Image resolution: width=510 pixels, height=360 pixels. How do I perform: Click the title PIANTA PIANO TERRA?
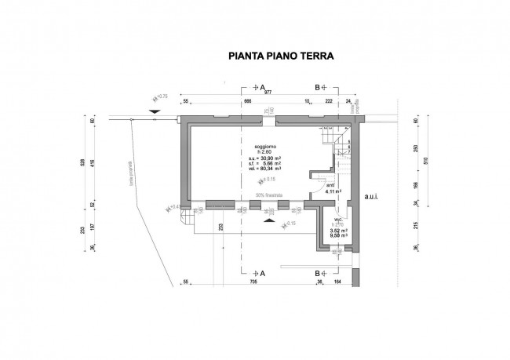pyautogui.click(x=281, y=56)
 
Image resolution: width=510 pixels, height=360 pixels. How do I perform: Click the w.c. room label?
pyautogui.click(x=340, y=220)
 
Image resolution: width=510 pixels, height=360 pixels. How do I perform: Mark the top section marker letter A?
pyautogui.click(x=262, y=88)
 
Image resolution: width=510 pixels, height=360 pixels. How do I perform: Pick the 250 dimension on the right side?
pyautogui.click(x=415, y=151)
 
